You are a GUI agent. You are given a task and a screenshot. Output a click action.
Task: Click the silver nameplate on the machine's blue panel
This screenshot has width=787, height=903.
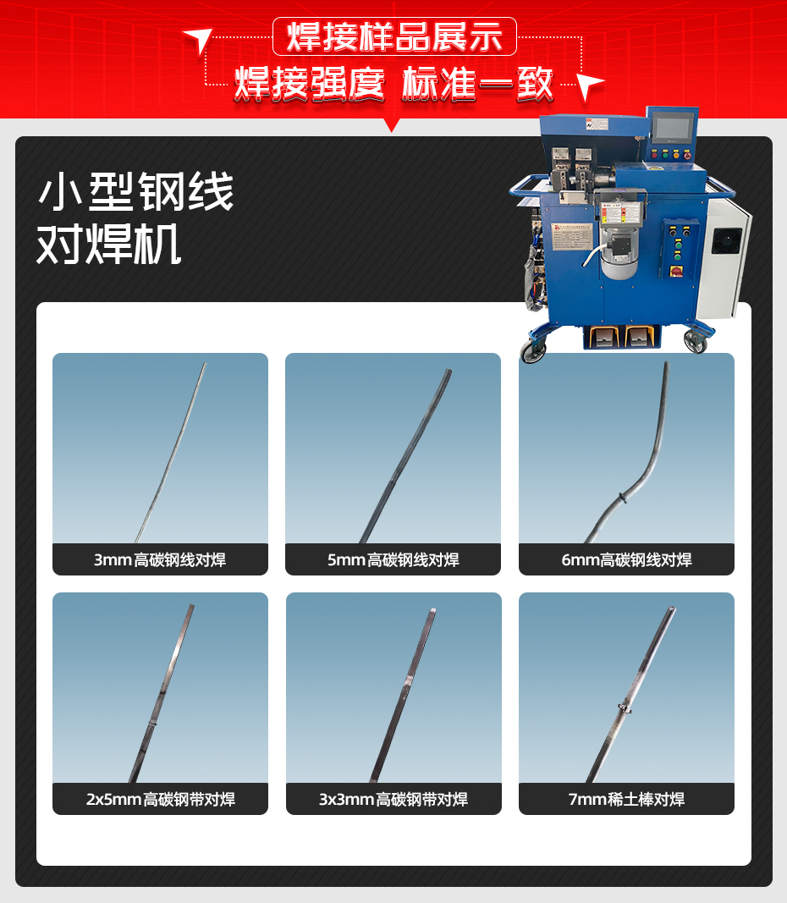click(577, 230)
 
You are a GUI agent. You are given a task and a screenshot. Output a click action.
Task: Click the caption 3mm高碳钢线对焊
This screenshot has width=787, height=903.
click(160, 559)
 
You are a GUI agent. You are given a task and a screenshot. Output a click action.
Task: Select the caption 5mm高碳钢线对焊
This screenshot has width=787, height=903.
click(393, 559)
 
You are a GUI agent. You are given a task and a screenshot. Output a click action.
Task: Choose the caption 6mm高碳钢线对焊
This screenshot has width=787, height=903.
click(626, 559)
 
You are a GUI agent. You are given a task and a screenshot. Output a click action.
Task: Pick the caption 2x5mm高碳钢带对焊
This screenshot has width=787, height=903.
click(160, 799)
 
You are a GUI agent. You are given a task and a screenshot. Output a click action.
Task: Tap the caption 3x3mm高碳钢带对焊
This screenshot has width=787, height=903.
click(393, 799)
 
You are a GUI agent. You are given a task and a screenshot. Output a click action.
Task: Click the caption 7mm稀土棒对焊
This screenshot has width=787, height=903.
click(626, 799)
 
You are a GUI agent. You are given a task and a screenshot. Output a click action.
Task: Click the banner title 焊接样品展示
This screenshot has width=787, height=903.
click(394, 37)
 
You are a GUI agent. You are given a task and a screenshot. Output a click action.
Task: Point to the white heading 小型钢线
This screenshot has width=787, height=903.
click(135, 194)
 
